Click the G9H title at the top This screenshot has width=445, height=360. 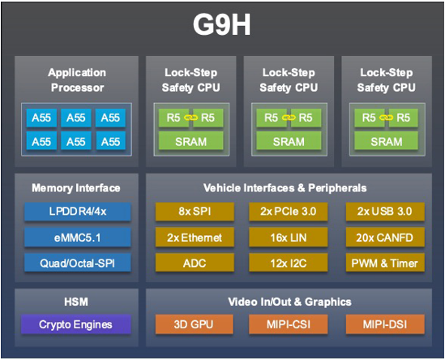coord(221,24)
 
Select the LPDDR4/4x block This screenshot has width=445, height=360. coord(78,212)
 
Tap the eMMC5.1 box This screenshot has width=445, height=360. coord(78,238)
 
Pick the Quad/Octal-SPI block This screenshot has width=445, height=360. coord(78,263)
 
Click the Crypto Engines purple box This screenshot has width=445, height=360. coord(75,324)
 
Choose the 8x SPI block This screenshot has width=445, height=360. coord(195,212)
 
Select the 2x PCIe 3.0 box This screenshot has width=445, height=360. coord(289,212)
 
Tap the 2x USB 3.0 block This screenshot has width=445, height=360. coord(385,212)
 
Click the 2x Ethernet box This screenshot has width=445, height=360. coord(195,238)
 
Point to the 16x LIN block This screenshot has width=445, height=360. coord(289,238)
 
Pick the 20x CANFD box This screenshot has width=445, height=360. coord(385,238)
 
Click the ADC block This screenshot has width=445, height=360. coord(195,263)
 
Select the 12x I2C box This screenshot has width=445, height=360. coord(289,263)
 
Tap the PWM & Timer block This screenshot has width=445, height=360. coord(385,263)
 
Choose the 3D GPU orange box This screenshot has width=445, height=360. coord(195,324)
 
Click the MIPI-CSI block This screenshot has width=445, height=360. coord(289,324)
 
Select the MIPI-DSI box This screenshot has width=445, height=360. coord(385,324)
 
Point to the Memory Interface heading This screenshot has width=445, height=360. coord(76,188)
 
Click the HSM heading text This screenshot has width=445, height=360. coord(76,302)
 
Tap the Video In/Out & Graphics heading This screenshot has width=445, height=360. coord(289,302)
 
